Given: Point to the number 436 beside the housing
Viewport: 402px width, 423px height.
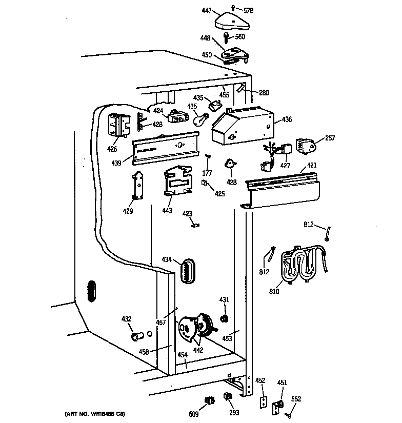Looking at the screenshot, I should (287, 119).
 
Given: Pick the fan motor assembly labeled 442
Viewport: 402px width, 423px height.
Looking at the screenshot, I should (195, 328).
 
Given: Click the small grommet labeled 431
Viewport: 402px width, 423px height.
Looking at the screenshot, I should (224, 319).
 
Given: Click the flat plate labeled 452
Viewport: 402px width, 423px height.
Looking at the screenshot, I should (263, 404).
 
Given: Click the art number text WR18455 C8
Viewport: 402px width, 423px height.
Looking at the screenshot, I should (95, 413).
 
